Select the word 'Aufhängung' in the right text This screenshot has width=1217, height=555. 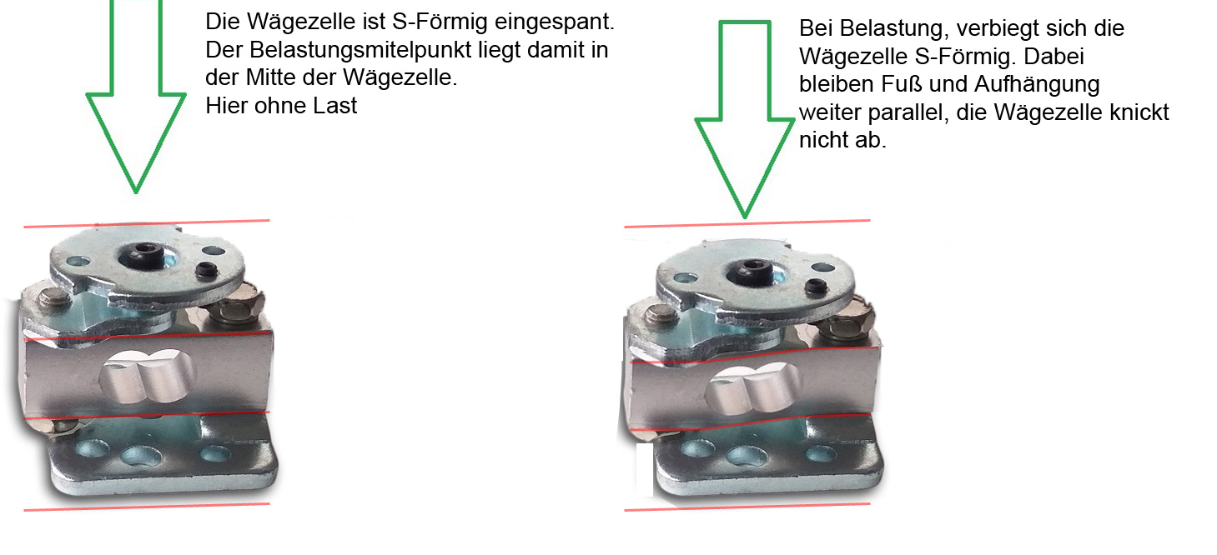coord(1037,85)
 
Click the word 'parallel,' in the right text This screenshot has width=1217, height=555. coord(908,112)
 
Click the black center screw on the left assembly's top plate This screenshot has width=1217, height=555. coord(143,254)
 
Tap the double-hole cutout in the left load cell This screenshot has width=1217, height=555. coord(147,376)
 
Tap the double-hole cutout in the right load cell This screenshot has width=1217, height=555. coord(753,387)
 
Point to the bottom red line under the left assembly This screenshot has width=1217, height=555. coord(147,507)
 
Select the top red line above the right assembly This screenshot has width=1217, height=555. coord(747,223)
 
